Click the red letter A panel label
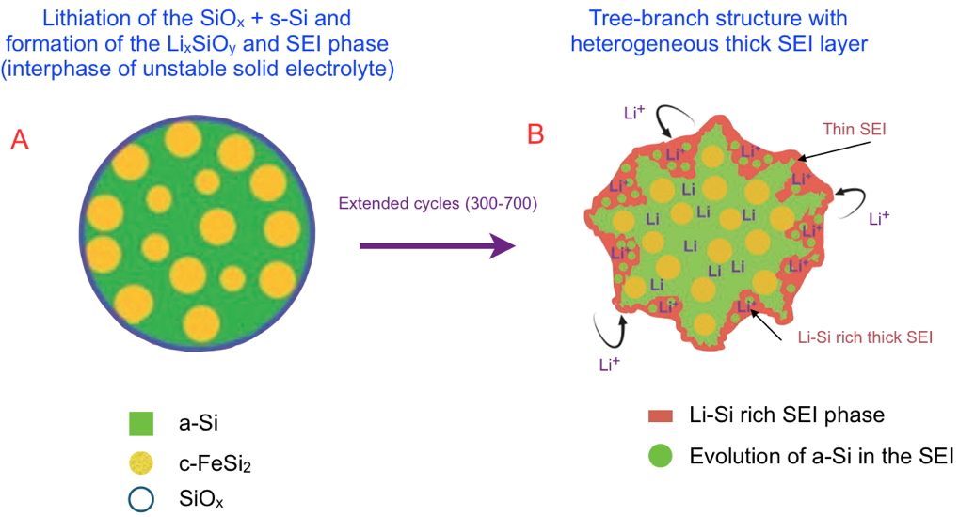pos(19,140)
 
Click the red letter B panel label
pos(535,134)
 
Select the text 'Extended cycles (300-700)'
pos(438,203)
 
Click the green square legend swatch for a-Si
pos(141,424)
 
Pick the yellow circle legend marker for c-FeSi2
pos(141,462)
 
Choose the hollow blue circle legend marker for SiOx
pos(141,498)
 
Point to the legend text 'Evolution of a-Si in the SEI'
pos(822,457)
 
